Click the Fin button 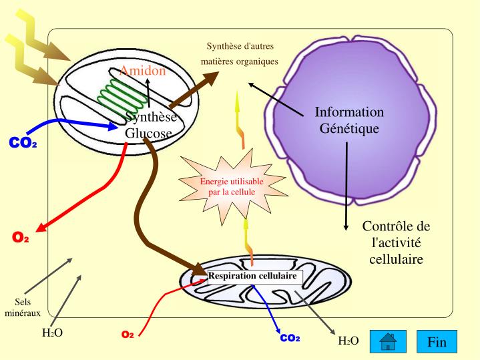[437, 342]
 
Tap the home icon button [388, 342]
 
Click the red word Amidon [143, 71]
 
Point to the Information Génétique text [349, 120]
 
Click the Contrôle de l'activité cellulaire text [396, 242]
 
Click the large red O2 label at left [21, 238]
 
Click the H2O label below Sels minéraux [52, 332]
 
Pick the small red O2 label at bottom [128, 333]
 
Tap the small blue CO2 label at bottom [289, 338]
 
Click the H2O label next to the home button [348, 341]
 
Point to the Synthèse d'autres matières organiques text [240, 54]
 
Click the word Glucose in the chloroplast [148, 132]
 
